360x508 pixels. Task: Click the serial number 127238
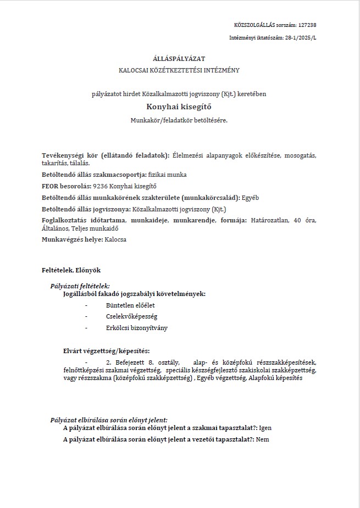tap(307, 25)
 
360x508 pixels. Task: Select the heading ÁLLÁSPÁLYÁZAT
tap(179, 58)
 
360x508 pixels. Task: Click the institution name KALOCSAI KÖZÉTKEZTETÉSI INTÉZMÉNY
tap(179, 70)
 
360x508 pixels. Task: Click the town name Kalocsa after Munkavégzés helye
tap(115, 239)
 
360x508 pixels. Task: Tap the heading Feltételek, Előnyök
tap(71, 270)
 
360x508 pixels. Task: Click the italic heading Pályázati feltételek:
tap(80, 286)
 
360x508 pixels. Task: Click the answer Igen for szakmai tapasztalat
tap(265, 428)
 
